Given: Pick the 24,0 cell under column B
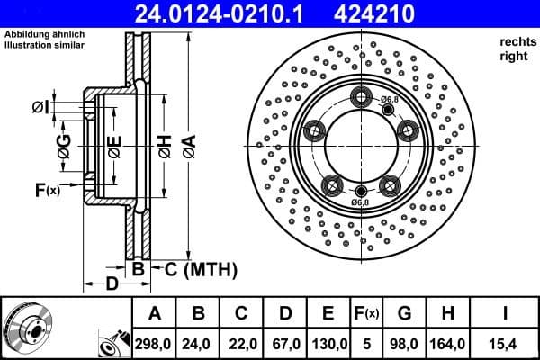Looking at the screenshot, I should [199, 344].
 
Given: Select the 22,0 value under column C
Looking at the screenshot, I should [242, 344].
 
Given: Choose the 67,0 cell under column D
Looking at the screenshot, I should [285, 344].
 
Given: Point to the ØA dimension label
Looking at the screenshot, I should [186, 144].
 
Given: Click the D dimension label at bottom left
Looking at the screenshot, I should [109, 284].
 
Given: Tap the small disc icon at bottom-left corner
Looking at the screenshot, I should [27, 328].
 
